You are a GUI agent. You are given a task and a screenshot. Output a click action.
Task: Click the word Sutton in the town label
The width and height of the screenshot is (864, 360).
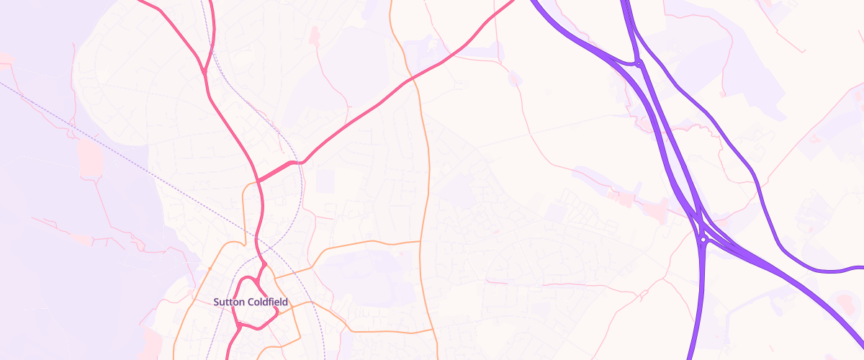[x=230, y=302]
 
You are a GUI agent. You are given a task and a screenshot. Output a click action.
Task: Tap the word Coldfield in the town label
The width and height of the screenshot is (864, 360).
[x=267, y=302]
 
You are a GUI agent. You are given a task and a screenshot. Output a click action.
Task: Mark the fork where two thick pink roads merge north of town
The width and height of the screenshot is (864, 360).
[x=205, y=72]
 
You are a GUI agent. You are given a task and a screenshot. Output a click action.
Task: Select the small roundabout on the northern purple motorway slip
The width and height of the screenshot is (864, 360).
[x=639, y=64]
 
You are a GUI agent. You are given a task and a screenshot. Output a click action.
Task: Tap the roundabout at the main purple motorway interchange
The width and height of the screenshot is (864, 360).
[x=703, y=238]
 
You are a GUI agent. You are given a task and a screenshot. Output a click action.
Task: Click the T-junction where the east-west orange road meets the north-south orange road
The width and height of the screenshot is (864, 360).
[x=420, y=242]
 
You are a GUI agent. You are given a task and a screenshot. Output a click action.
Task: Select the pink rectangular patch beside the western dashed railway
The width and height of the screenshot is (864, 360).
[x=89, y=158]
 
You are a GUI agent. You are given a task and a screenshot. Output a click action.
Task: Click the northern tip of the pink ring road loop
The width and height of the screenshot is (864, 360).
[x=264, y=265]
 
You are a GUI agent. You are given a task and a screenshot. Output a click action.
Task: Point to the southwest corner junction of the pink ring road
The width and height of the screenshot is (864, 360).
[x=239, y=325]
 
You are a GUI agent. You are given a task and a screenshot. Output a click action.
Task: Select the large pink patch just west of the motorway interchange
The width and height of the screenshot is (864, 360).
[x=655, y=211]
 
